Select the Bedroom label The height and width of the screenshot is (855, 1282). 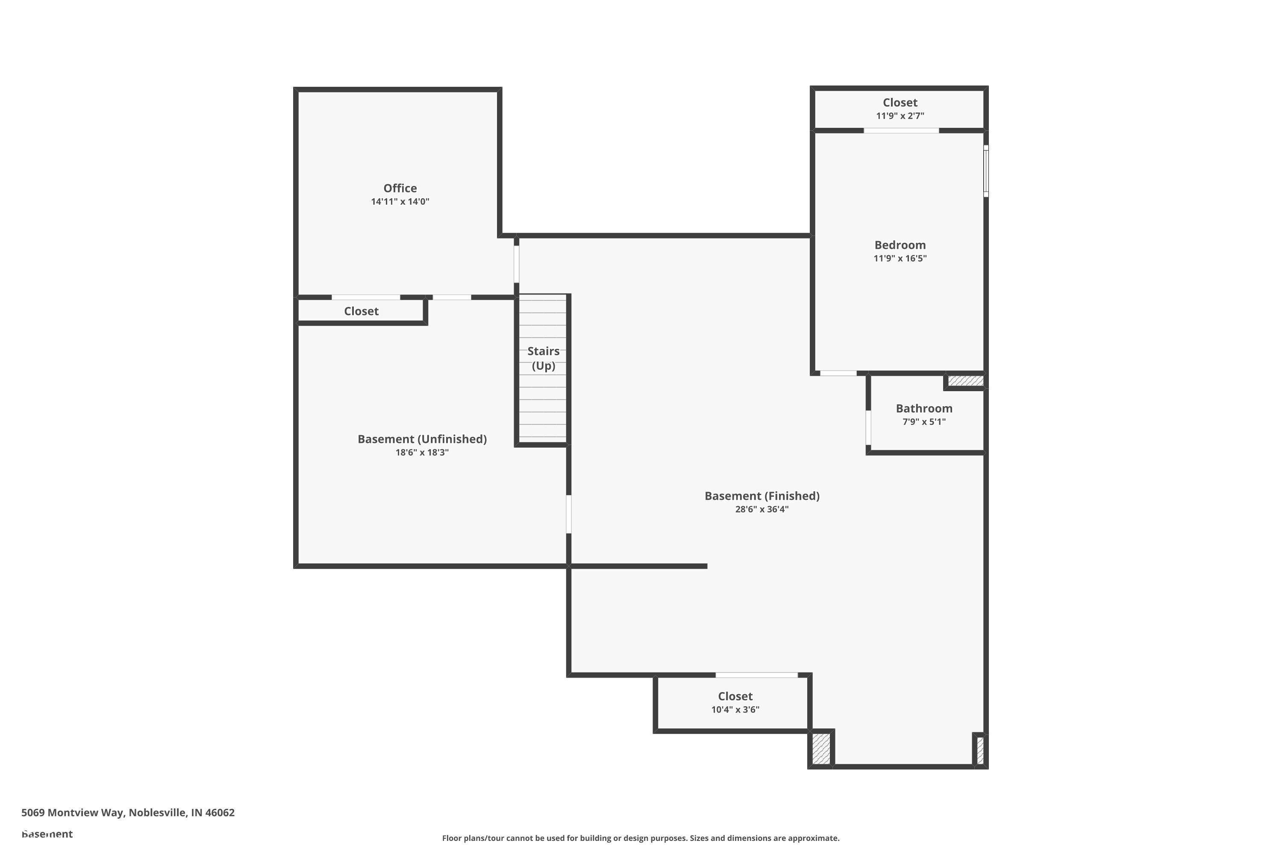[900, 245]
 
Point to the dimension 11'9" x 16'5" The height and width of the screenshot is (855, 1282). [900, 259]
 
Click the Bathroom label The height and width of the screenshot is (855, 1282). [924, 408]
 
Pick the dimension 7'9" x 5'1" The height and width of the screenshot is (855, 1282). [924, 422]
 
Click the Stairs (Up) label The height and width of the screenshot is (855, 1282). [544, 358]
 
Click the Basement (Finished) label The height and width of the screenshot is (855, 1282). [762, 496]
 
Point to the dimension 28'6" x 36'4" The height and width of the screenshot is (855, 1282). [762, 509]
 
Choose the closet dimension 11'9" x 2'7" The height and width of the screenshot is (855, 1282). [900, 115]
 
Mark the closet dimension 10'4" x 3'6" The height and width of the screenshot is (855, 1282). [735, 709]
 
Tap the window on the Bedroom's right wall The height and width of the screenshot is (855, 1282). [985, 171]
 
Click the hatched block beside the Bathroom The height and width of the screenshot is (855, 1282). [966, 380]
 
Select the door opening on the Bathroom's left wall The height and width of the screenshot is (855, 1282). [868, 427]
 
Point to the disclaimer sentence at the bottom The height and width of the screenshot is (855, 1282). [641, 838]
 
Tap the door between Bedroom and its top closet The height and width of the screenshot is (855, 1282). [902, 130]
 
